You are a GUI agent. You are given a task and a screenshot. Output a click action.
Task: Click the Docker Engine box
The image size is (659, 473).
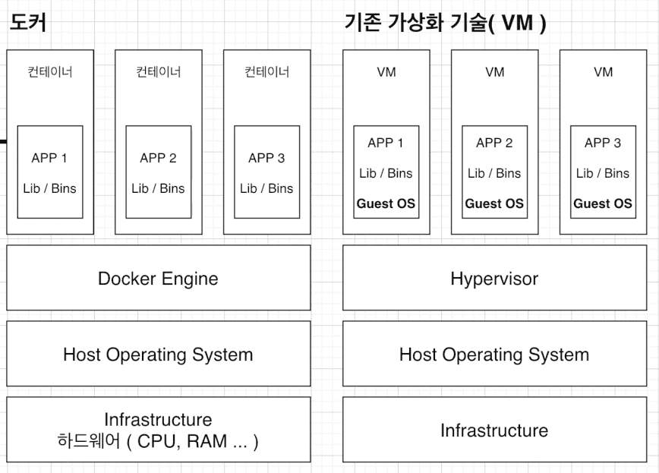click(158, 278)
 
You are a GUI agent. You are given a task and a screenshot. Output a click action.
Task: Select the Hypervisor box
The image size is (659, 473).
click(493, 278)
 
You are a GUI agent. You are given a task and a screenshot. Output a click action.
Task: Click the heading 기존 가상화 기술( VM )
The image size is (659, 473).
click(446, 24)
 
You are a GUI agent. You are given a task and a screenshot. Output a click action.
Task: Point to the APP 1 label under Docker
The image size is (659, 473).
click(49, 158)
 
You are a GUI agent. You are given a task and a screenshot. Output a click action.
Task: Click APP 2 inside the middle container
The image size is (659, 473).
click(158, 158)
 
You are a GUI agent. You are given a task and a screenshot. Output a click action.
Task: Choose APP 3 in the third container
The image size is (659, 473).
click(266, 158)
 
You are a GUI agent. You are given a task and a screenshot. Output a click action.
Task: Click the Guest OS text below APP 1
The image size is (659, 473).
click(386, 203)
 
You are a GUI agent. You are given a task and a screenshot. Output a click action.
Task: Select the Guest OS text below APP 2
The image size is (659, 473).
click(494, 203)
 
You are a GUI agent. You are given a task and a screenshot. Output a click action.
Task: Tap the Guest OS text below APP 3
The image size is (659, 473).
click(603, 203)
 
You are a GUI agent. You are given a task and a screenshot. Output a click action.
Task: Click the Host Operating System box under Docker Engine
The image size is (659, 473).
click(158, 354)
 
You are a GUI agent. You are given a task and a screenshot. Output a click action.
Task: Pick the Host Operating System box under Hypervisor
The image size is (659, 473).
click(493, 354)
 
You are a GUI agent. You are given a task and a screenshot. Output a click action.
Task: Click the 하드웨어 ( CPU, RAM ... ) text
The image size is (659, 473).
click(158, 441)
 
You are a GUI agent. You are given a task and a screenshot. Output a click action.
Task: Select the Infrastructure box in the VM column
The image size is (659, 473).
click(493, 430)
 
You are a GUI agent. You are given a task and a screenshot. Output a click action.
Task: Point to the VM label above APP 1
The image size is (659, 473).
click(386, 72)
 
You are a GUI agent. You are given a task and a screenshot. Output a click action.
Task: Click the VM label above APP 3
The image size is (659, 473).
click(603, 72)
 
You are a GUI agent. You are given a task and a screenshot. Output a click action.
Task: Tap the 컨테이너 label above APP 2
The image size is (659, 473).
click(158, 72)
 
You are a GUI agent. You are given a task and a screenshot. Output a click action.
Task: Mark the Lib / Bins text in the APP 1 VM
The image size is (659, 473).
click(386, 173)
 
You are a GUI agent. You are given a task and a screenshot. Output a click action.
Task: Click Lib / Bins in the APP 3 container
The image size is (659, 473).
click(266, 188)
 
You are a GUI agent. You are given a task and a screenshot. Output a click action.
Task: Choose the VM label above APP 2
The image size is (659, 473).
click(494, 72)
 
